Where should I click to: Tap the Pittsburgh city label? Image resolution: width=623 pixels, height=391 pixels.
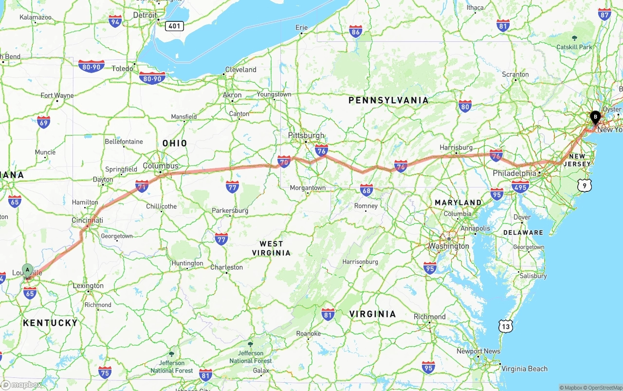(x=306, y=135)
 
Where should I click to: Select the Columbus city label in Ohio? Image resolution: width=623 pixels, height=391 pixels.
(x=161, y=166)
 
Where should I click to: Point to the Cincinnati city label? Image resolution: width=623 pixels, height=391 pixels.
(x=87, y=220)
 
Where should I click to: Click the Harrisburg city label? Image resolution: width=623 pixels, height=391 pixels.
(x=456, y=147)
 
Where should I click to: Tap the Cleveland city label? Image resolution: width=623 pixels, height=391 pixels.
(x=240, y=70)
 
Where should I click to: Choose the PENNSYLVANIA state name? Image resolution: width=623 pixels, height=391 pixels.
(x=388, y=100)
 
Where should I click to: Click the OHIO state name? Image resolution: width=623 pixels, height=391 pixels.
(x=175, y=143)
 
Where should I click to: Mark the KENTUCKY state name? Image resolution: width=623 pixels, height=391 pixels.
(x=50, y=323)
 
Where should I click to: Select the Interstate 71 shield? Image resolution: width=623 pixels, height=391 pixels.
(x=142, y=186)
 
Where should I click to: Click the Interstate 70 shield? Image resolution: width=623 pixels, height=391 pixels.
(x=284, y=161)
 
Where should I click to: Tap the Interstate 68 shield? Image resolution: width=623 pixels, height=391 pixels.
(x=366, y=189)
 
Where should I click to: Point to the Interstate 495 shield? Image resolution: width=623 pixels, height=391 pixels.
(x=520, y=186)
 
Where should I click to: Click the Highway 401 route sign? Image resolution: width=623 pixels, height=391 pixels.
(x=174, y=26)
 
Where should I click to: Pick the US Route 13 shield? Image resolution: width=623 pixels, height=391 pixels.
(x=506, y=326)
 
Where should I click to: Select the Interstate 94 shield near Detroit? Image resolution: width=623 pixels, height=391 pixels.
(x=115, y=21)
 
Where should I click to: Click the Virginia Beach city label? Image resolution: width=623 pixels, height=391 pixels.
(x=524, y=369)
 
